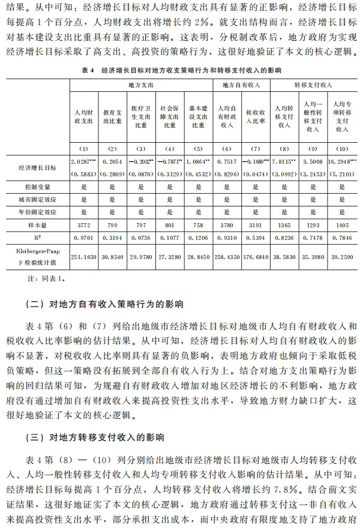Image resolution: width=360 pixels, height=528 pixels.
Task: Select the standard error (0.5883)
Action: [83, 173]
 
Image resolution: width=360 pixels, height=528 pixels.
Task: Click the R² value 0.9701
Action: [83, 238]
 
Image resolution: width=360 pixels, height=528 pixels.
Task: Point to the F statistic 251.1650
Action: [83, 256]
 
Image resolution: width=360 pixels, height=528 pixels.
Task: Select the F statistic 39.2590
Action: [339, 256]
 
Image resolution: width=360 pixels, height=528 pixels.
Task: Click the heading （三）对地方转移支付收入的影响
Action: [96, 436]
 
